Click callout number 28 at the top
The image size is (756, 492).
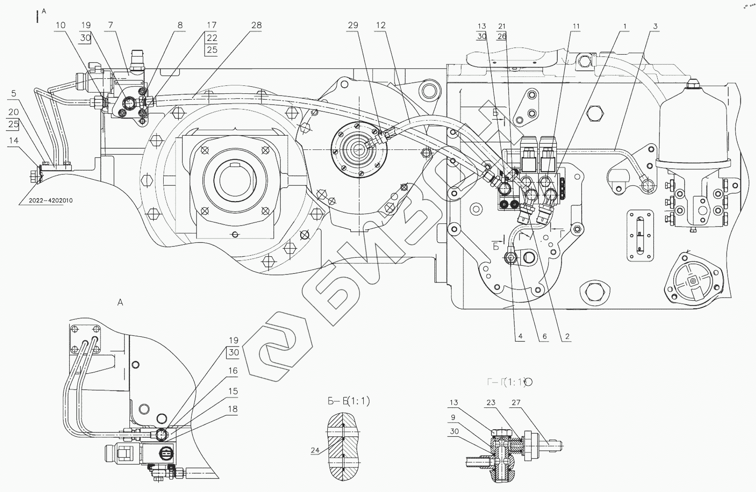(256, 25)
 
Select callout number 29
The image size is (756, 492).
(353, 25)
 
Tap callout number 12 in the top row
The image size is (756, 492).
(381, 25)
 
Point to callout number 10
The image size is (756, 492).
(60, 25)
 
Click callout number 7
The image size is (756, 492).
(110, 25)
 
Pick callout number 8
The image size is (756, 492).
(180, 25)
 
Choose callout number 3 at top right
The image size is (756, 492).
(655, 27)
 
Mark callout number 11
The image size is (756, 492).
(576, 27)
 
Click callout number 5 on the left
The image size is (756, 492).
(14, 93)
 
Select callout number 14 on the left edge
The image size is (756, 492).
(14, 140)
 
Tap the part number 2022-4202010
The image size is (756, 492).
(51, 201)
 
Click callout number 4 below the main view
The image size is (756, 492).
(520, 337)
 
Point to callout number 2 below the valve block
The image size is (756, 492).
(567, 337)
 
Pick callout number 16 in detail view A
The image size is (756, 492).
(233, 371)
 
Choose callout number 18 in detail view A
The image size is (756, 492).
(233, 409)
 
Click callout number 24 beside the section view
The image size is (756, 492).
(315, 451)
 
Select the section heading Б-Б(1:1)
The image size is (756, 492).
(349, 401)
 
